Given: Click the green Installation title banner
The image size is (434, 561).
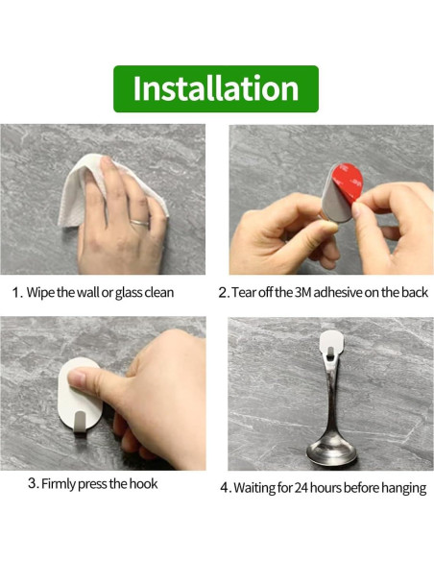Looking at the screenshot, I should (215, 88).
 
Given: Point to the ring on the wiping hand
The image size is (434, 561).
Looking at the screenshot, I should (140, 222).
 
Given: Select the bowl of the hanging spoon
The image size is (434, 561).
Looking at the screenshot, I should (329, 446).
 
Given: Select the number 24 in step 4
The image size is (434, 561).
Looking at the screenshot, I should (303, 488).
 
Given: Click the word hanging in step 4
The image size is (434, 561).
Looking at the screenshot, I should (402, 488).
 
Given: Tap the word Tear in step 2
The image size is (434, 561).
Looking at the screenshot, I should (246, 292).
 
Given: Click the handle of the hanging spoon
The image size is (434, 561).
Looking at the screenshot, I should (329, 394).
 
